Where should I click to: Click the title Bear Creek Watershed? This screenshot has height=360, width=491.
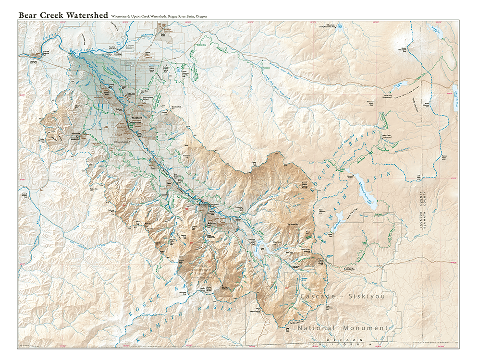click(x=63, y=15)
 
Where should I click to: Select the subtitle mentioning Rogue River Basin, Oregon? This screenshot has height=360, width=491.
click(x=159, y=16)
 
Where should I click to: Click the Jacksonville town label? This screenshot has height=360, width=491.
click(x=74, y=133)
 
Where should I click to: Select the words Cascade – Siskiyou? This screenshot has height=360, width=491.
click(x=343, y=297)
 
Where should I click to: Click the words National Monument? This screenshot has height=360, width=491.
click(x=342, y=328)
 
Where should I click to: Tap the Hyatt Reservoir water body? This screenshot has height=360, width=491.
click(x=338, y=218)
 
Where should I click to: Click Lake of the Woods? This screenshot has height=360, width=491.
click(x=454, y=91)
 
